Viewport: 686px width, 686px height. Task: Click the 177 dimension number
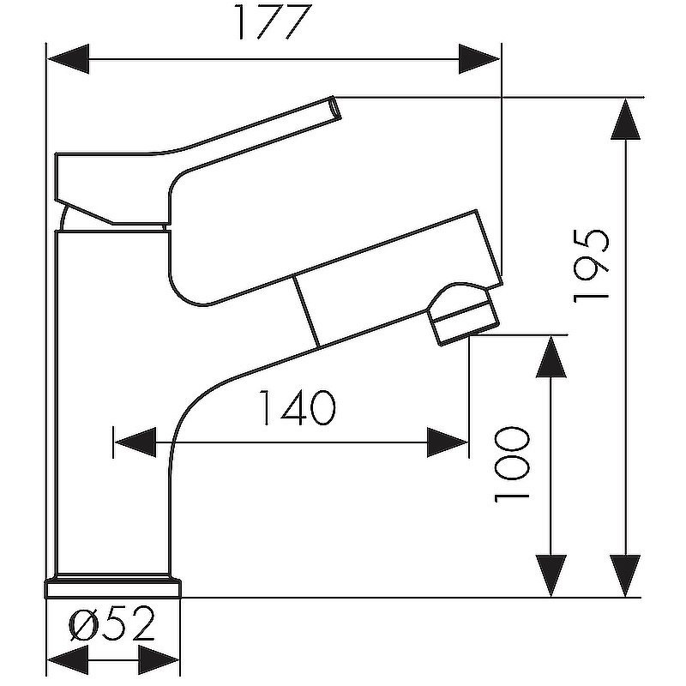point(274,22)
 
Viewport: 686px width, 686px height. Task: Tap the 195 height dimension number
point(591,267)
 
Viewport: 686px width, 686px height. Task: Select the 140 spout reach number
point(298,408)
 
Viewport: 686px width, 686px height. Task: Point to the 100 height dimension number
point(511,465)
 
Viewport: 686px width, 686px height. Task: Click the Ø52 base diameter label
point(112,623)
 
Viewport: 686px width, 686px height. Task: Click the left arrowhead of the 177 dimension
point(69,59)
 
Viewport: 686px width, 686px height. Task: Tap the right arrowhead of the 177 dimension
point(479,59)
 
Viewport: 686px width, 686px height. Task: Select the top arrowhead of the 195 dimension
point(626,119)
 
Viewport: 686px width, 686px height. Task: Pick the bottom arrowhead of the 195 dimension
point(626,575)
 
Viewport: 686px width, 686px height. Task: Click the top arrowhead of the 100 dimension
point(551,357)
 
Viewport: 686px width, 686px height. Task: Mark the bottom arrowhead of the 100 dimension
point(551,575)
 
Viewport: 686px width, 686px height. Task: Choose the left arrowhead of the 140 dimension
point(135,442)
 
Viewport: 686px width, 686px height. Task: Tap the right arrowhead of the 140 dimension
point(447,442)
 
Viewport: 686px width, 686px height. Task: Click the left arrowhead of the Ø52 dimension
point(68,659)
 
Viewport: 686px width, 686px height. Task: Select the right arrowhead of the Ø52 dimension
point(159,659)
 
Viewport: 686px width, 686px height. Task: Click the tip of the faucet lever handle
point(335,107)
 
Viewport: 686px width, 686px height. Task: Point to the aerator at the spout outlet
point(464,314)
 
